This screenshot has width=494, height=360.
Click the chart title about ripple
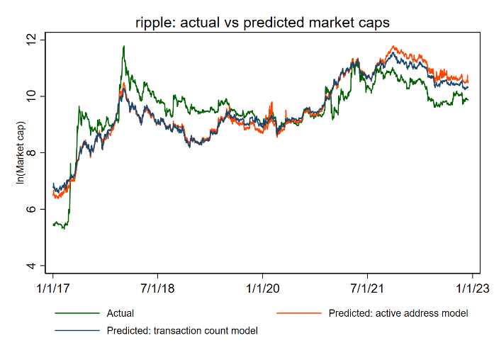pyautogui.click(x=262, y=23)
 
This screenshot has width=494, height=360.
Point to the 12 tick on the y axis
pyautogui.click(x=30, y=40)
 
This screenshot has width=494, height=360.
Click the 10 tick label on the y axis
pyautogui.click(x=30, y=96)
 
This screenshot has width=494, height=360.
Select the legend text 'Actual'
pyautogui.click(x=120, y=313)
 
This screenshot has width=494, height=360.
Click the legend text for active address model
pyautogui.click(x=398, y=313)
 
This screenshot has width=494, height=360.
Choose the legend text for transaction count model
pyautogui.click(x=181, y=330)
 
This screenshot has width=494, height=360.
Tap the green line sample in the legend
pyautogui.click(x=77, y=313)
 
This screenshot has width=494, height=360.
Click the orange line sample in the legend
pyautogui.click(x=298, y=313)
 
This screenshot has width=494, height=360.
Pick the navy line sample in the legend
pyautogui.click(x=77, y=330)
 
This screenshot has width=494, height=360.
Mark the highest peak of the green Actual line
pyautogui.click(x=124, y=47)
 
